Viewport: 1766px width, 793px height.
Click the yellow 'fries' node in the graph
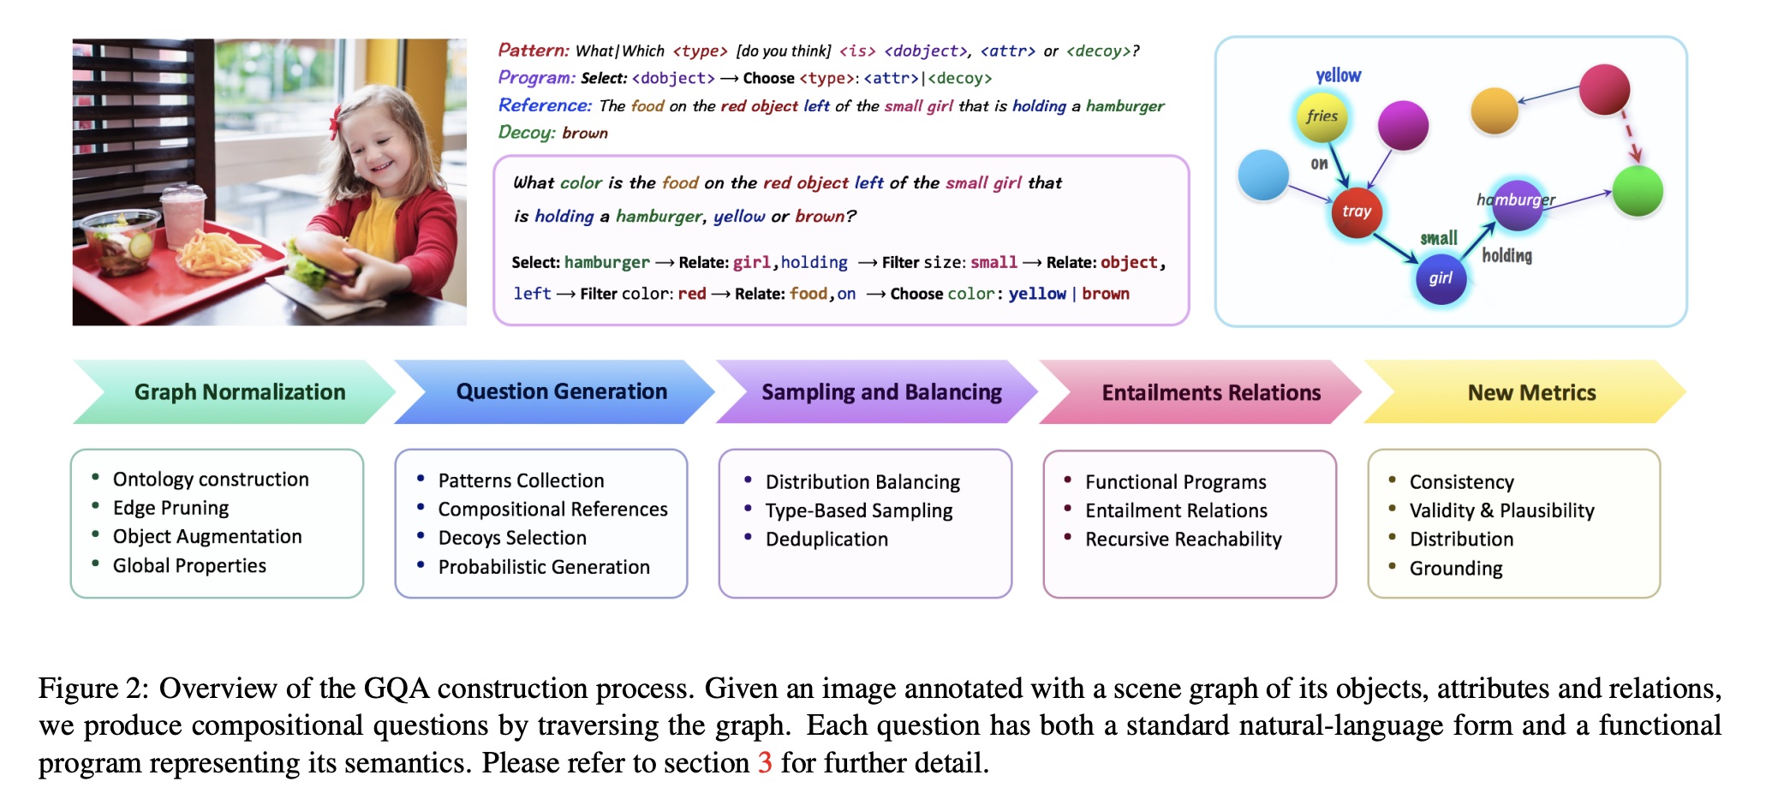(1322, 117)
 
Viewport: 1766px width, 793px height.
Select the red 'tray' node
(1356, 212)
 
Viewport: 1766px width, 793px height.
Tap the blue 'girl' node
(1441, 278)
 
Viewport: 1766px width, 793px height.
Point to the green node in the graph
(1637, 191)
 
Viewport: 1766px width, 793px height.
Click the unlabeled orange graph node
(1494, 111)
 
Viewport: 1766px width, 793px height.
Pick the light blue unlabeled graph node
(1263, 175)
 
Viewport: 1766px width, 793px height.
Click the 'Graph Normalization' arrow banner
(239, 392)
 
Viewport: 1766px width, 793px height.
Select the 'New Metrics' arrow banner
(1531, 392)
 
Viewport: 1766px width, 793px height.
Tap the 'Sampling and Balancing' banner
(881, 392)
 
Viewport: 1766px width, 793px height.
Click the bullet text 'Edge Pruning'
(170, 508)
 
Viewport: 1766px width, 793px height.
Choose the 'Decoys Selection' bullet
(512, 538)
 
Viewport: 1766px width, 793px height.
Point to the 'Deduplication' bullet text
(826, 540)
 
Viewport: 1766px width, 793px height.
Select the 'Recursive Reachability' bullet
(1183, 540)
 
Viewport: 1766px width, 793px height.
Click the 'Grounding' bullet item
(1456, 569)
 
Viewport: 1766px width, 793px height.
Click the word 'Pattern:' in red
(534, 51)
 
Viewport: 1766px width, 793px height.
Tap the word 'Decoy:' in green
(526, 133)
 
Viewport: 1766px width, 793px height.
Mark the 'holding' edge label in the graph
(1506, 255)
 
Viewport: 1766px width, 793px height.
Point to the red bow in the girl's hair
(333, 127)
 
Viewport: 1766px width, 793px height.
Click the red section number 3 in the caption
(765, 762)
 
